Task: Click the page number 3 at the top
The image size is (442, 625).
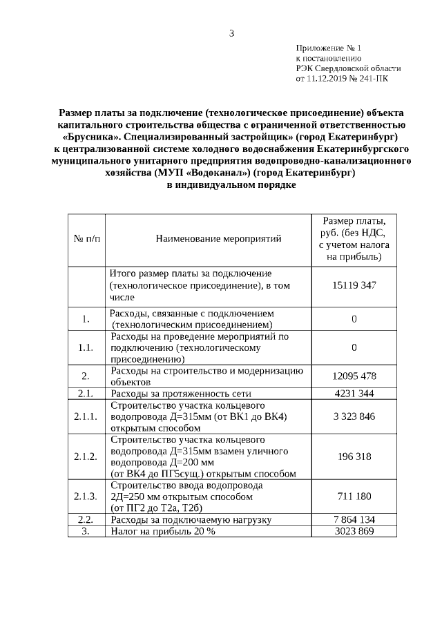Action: [x=232, y=33]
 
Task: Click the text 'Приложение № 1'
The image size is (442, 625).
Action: [x=329, y=48]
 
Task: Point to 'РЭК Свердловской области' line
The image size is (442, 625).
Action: [x=348, y=68]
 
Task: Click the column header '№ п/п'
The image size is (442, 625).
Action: [x=86, y=239]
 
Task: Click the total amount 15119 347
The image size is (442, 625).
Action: [x=354, y=285]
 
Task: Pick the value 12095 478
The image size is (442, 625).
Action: [x=354, y=376]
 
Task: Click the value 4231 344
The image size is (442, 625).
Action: [x=354, y=394]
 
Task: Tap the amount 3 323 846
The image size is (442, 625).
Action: [x=354, y=416]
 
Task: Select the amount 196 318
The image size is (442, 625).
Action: [x=354, y=456]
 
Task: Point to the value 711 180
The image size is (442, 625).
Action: [x=354, y=496]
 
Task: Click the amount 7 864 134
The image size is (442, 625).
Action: [x=354, y=519]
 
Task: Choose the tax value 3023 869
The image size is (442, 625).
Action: [x=354, y=531]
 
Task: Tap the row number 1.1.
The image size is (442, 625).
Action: [x=86, y=347]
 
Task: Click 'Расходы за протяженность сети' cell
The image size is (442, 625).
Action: [x=180, y=394]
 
